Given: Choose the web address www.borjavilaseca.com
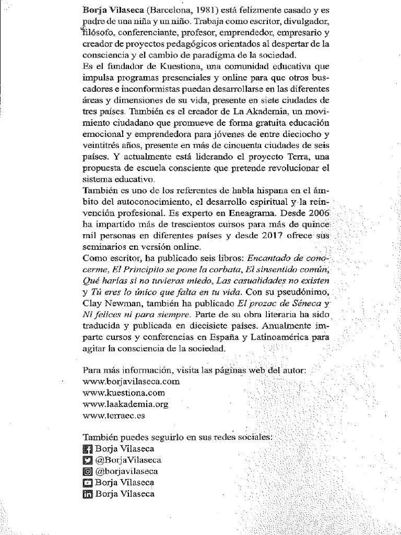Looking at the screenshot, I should click(x=127, y=382).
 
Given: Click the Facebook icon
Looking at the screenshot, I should click(x=87, y=449).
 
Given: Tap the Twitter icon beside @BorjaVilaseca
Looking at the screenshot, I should click(x=87, y=460).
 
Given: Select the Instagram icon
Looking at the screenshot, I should click(x=87, y=471).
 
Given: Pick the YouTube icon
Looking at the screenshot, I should click(x=87, y=482).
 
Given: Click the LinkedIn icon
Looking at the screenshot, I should click(x=87, y=494).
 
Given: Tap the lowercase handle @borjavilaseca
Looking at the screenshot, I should click(x=128, y=471).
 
